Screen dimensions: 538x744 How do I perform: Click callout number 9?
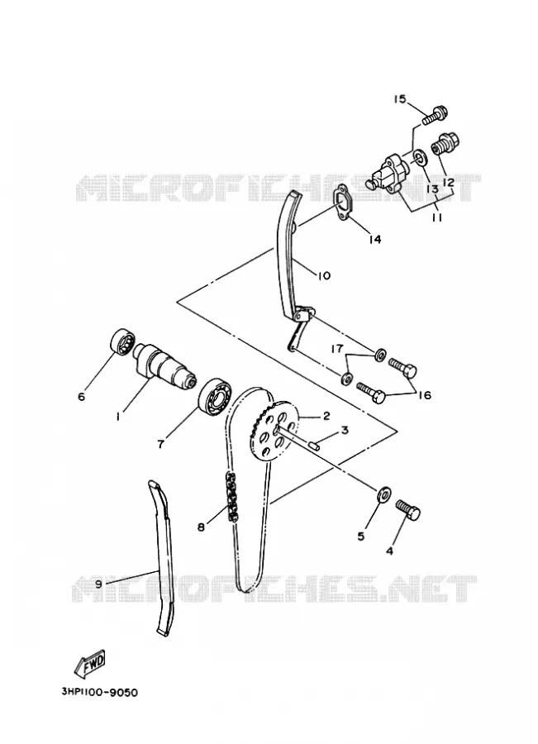[x=98, y=584]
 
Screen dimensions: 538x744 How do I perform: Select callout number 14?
[x=375, y=240]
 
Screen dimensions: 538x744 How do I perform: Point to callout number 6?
[x=82, y=396]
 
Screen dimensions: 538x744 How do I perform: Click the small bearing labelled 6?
[x=122, y=341]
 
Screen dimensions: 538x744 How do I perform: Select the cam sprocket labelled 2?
[x=274, y=431]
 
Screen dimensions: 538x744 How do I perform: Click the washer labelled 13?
[x=419, y=156]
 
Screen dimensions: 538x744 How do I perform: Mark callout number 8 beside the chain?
[x=201, y=527]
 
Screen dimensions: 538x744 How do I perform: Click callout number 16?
[x=425, y=394]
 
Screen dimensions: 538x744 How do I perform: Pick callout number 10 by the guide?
[x=324, y=275]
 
